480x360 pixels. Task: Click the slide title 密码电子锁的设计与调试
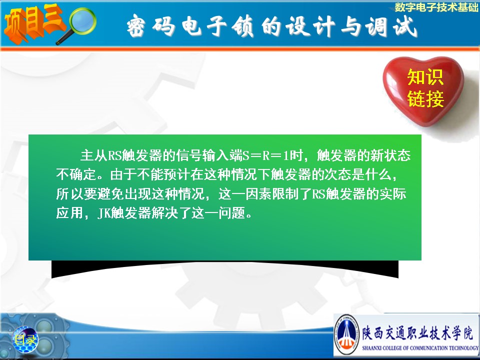(272, 26)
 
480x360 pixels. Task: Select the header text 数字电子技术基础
(436, 7)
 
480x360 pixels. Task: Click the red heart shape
(423, 89)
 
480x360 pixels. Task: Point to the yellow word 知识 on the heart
(425, 77)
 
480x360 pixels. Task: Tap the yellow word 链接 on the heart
(425, 98)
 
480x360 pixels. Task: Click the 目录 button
(25, 339)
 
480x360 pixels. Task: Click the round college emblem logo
(346, 335)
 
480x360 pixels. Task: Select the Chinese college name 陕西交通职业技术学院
(417, 332)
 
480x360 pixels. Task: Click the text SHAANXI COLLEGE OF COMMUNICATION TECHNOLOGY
(419, 348)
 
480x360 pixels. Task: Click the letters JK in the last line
(104, 213)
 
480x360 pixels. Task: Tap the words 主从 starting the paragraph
(93, 156)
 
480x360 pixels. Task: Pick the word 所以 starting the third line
(69, 194)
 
